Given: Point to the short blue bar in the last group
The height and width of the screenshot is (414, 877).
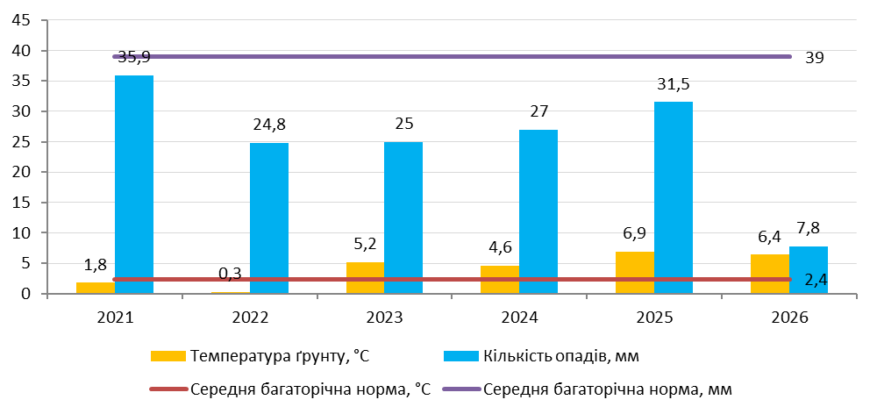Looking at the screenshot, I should tap(808, 263).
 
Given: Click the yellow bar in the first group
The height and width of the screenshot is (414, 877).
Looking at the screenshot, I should tap(96, 287).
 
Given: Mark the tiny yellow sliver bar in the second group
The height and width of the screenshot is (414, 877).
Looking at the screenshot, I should tap(231, 292).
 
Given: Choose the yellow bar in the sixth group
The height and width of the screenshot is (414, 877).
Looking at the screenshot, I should tap(769, 266).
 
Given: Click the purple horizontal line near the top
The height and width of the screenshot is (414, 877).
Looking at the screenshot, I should tap(452, 56).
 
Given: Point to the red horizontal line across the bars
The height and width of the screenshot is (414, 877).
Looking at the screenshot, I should tap(452, 280).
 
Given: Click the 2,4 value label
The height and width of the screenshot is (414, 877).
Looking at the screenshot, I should tap(816, 281).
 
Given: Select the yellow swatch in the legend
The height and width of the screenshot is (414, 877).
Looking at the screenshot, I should tap(168, 356).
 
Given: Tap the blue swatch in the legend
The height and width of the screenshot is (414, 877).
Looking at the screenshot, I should tap(461, 356).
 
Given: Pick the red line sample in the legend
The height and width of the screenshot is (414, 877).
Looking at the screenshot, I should tap(168, 389).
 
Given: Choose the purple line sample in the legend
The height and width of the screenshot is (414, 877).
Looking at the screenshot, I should tap(461, 389).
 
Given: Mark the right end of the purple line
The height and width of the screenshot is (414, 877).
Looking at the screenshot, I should tap(789, 56).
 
